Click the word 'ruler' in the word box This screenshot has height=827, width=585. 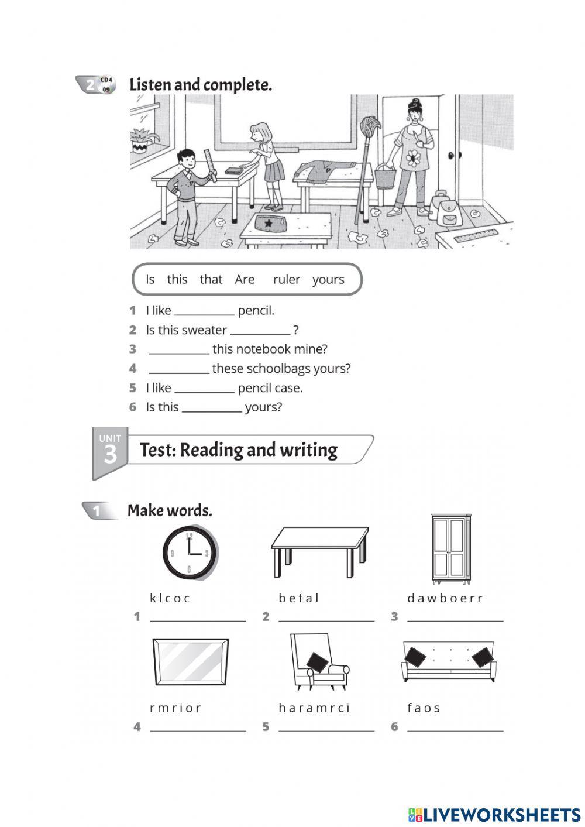[286, 280]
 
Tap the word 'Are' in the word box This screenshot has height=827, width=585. [245, 280]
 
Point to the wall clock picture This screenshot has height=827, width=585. [190, 553]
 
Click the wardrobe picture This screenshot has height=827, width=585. [450, 549]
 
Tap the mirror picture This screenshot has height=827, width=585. [190, 661]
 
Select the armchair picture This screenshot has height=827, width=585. [318, 661]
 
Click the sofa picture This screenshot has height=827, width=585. [449, 661]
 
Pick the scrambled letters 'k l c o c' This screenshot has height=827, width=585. [170, 598]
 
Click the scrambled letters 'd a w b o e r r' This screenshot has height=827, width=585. [445, 598]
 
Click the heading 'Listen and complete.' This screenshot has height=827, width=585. [201, 85]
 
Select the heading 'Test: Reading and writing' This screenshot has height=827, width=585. [238, 450]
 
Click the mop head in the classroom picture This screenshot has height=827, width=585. [369, 128]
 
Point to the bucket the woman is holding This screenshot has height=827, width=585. [384, 176]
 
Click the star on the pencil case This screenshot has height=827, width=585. [269, 223]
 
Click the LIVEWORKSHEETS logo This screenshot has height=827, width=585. [494, 815]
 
